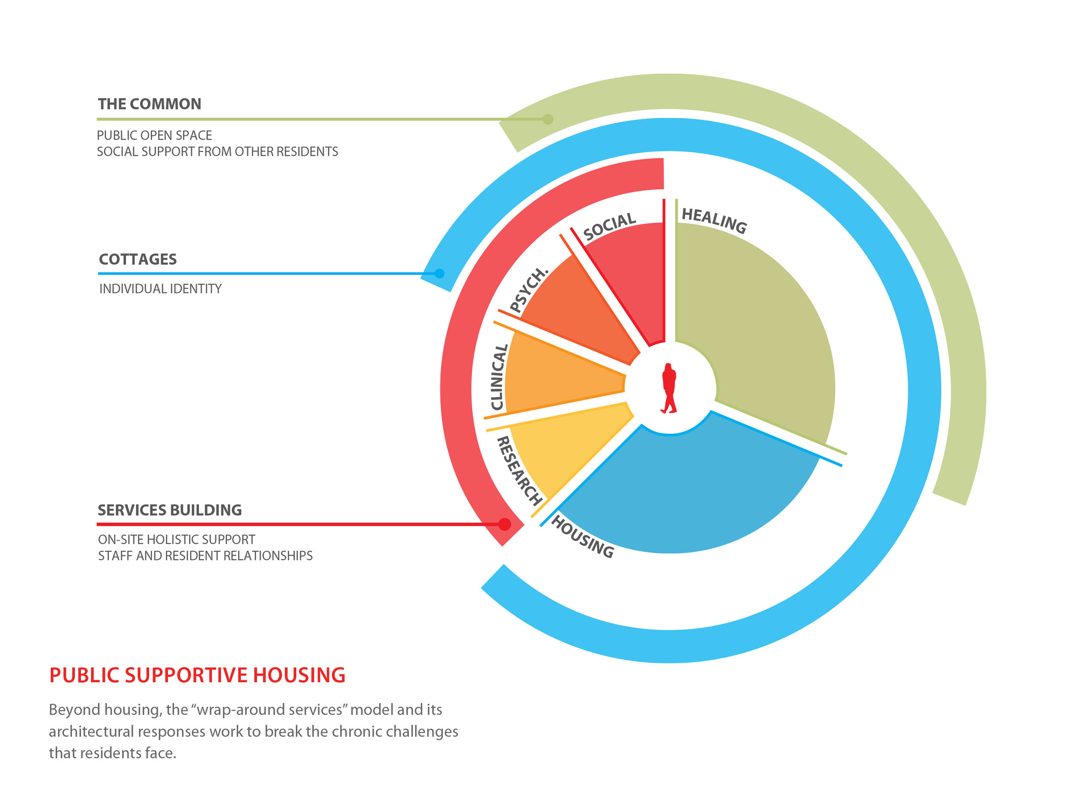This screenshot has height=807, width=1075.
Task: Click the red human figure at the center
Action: coord(669,388)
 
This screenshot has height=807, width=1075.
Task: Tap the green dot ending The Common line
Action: coord(548,119)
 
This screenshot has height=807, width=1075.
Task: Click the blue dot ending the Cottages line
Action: coord(439,273)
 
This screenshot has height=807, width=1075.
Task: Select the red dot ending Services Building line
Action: coord(504,524)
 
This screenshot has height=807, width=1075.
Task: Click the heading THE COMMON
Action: coord(149,104)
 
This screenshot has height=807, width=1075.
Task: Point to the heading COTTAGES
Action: coord(138,259)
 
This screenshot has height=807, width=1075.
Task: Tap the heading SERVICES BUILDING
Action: coord(169,510)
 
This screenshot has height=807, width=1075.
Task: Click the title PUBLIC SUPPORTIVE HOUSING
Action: coord(197,675)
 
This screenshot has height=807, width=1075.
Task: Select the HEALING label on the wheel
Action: coord(714,221)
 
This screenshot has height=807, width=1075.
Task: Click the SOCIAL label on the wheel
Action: coord(609,226)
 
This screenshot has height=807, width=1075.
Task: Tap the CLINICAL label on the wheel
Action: coord(499,377)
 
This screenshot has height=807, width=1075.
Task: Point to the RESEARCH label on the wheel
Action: coord(519,470)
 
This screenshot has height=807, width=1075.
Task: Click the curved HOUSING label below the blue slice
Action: coord(583,537)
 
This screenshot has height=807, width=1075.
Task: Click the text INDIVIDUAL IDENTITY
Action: coord(160,289)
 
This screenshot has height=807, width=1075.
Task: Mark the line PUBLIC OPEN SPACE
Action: coord(154,135)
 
